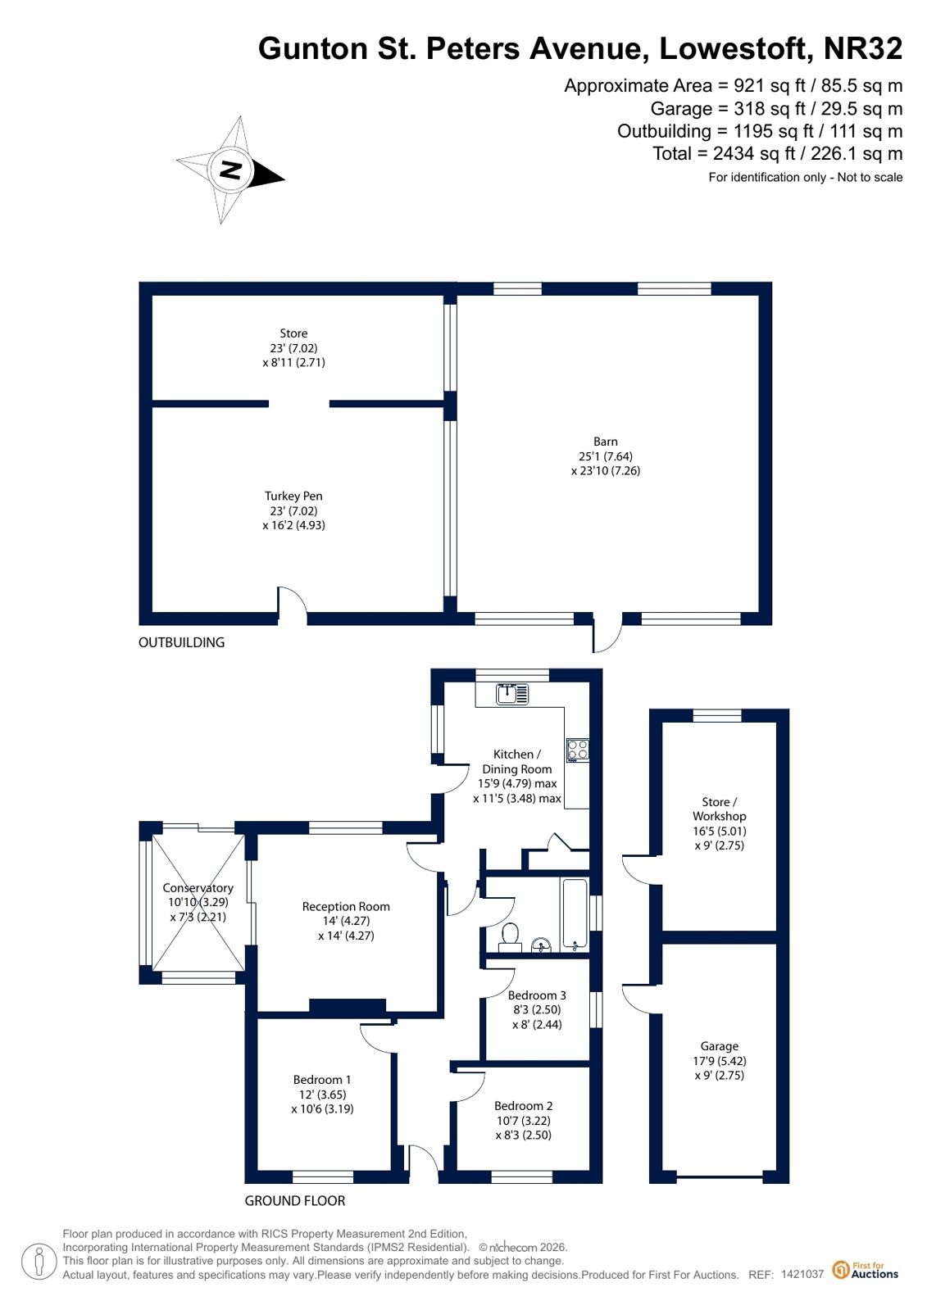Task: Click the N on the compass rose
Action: pos(230,170)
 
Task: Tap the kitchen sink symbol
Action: pos(512,694)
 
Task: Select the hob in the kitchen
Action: pos(577,751)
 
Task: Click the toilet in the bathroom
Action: pos(510,936)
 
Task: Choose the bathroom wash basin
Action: pos(541,945)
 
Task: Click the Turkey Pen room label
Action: pos(293,496)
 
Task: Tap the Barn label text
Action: pos(605,442)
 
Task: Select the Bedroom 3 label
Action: pos(537,995)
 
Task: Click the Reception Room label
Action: pos(346,906)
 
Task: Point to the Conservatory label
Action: pos(198,888)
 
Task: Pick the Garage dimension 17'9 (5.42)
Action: pos(720,1060)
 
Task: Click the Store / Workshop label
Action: pos(720,809)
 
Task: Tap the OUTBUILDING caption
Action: pos(181,642)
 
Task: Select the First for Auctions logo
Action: pos(865,1270)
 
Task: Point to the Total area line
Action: pos(777,154)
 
